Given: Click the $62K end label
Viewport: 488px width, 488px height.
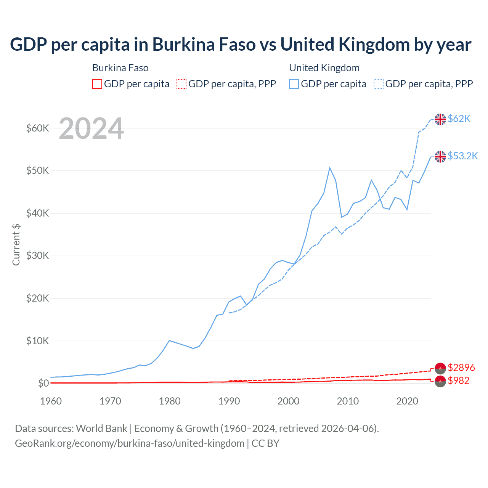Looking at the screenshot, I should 459,119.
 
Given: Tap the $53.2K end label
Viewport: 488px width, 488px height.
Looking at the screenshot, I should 462,156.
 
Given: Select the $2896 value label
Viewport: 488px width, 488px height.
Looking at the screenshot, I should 461,368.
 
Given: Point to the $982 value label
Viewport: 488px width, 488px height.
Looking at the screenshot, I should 458,381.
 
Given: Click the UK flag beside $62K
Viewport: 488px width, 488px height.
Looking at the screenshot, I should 440,119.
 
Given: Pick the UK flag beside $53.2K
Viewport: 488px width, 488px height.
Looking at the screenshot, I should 440,156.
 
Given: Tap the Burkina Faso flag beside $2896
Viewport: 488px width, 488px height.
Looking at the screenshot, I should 440,368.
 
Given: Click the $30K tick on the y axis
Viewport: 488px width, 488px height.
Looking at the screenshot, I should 37,256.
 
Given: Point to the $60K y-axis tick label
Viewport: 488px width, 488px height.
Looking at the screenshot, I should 37,128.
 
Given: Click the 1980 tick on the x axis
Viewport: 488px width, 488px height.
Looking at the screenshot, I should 170,401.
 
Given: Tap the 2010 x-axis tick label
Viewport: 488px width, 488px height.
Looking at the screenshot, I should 348,401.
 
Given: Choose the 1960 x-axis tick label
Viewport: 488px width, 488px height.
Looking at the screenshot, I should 51,401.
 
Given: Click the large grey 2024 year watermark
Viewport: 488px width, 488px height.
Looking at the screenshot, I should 91,129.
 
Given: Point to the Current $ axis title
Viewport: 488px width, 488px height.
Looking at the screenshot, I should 16,244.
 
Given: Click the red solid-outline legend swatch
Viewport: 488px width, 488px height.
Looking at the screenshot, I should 97,84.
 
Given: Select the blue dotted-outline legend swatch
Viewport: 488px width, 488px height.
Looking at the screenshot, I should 379,84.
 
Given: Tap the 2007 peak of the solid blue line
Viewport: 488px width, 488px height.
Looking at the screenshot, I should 330,167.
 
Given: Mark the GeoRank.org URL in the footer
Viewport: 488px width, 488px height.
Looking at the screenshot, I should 130,443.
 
